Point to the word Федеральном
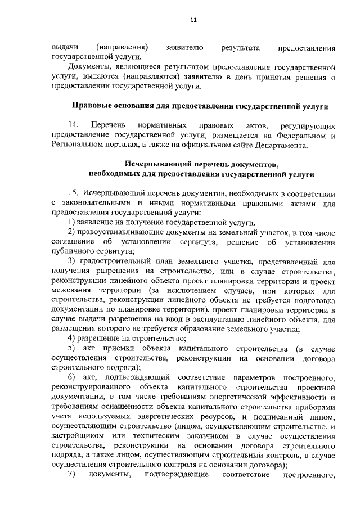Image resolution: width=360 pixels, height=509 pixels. (303, 136)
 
